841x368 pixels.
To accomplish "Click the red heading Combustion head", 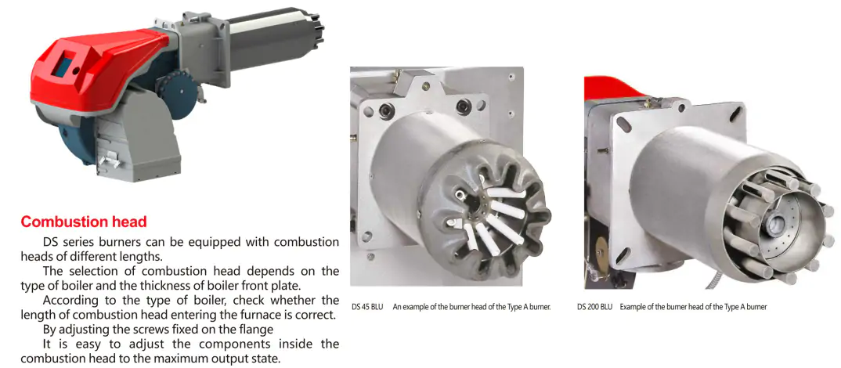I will click(84, 222).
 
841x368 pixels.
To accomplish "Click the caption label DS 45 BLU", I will click(367, 307).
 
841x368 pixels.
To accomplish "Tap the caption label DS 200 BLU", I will click(595, 307).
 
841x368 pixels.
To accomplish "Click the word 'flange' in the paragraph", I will click(254, 329).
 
